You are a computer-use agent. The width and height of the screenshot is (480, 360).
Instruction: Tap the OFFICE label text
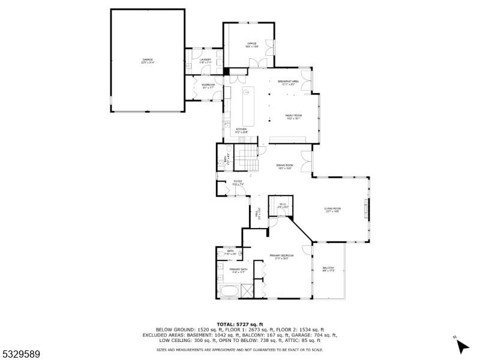252,44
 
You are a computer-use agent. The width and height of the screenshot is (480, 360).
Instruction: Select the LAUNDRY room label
205,61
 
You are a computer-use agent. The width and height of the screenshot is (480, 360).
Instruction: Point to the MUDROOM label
208,86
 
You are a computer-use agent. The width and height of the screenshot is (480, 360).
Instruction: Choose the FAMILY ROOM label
293,116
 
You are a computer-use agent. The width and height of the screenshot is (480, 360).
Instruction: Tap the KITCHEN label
241,130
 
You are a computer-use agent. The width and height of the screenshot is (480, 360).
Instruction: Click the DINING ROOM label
284,166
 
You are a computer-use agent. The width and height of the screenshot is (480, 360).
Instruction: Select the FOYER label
238,182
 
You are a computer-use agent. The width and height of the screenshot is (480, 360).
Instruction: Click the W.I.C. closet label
283,205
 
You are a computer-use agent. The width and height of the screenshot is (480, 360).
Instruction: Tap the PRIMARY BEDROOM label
281,257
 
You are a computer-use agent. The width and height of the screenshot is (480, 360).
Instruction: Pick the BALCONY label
328,269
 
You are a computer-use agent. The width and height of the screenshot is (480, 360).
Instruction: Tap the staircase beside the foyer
245,160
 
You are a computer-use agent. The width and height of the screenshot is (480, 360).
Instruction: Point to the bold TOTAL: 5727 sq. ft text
240,324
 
